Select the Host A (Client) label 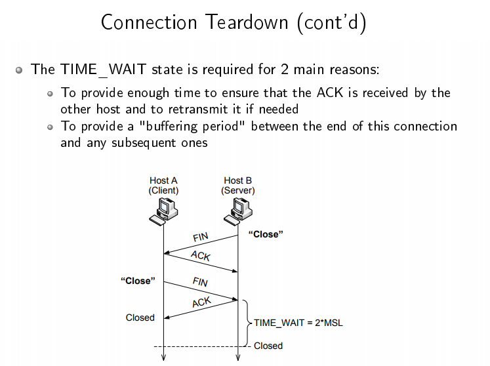point(163,186)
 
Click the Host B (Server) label point(237,186)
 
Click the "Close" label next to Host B point(266,234)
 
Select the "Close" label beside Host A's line point(138,281)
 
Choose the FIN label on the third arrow point(200,282)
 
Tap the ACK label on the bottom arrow point(201,302)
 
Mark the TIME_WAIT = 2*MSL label point(298,323)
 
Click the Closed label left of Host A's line point(140,317)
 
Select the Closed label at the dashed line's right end point(268,346)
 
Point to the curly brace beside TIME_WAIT point(247,322)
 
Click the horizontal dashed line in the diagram point(197,346)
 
